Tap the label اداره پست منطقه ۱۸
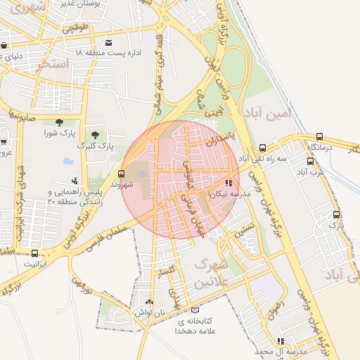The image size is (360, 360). coord(108,53)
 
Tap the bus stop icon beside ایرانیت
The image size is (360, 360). coord(35,253)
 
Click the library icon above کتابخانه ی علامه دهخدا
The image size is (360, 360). coord(195,310)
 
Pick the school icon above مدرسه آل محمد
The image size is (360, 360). coord(280,341)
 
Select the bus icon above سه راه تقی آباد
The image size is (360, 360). coord(262,148)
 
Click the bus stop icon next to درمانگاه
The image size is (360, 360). coord(321,137)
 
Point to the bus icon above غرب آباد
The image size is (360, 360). coord(310,160)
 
